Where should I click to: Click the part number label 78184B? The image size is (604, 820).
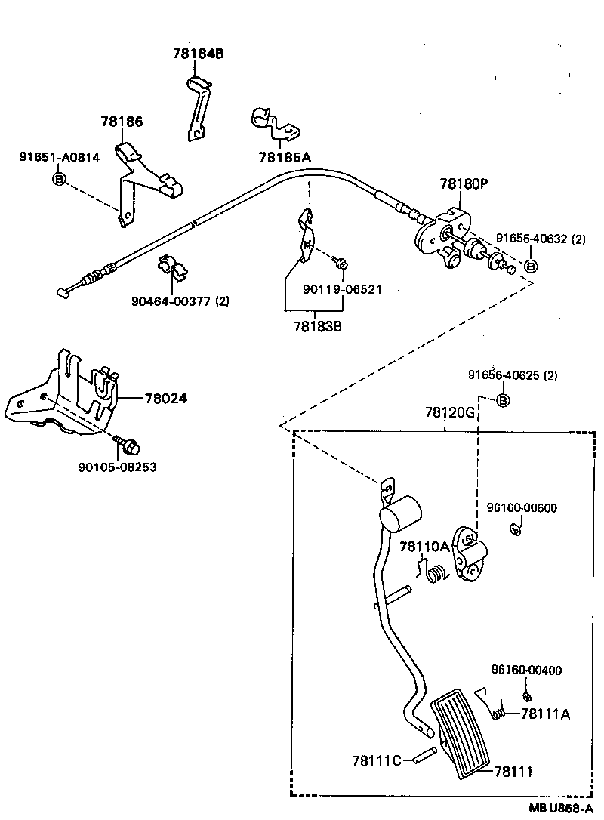[x=199, y=54]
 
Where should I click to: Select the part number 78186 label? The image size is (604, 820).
[x=122, y=122]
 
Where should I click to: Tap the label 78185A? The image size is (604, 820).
[x=285, y=157]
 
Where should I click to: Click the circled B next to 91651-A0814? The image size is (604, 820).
[x=58, y=178]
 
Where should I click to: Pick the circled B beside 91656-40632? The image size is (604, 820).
[x=530, y=266]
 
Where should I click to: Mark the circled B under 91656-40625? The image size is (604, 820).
[x=502, y=399]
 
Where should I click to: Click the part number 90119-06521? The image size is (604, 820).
[x=342, y=289]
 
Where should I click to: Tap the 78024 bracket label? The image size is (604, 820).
[x=165, y=398]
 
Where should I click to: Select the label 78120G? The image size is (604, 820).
[x=449, y=413]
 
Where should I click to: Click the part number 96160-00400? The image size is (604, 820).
[x=526, y=670]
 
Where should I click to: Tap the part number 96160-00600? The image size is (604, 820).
[x=521, y=508]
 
